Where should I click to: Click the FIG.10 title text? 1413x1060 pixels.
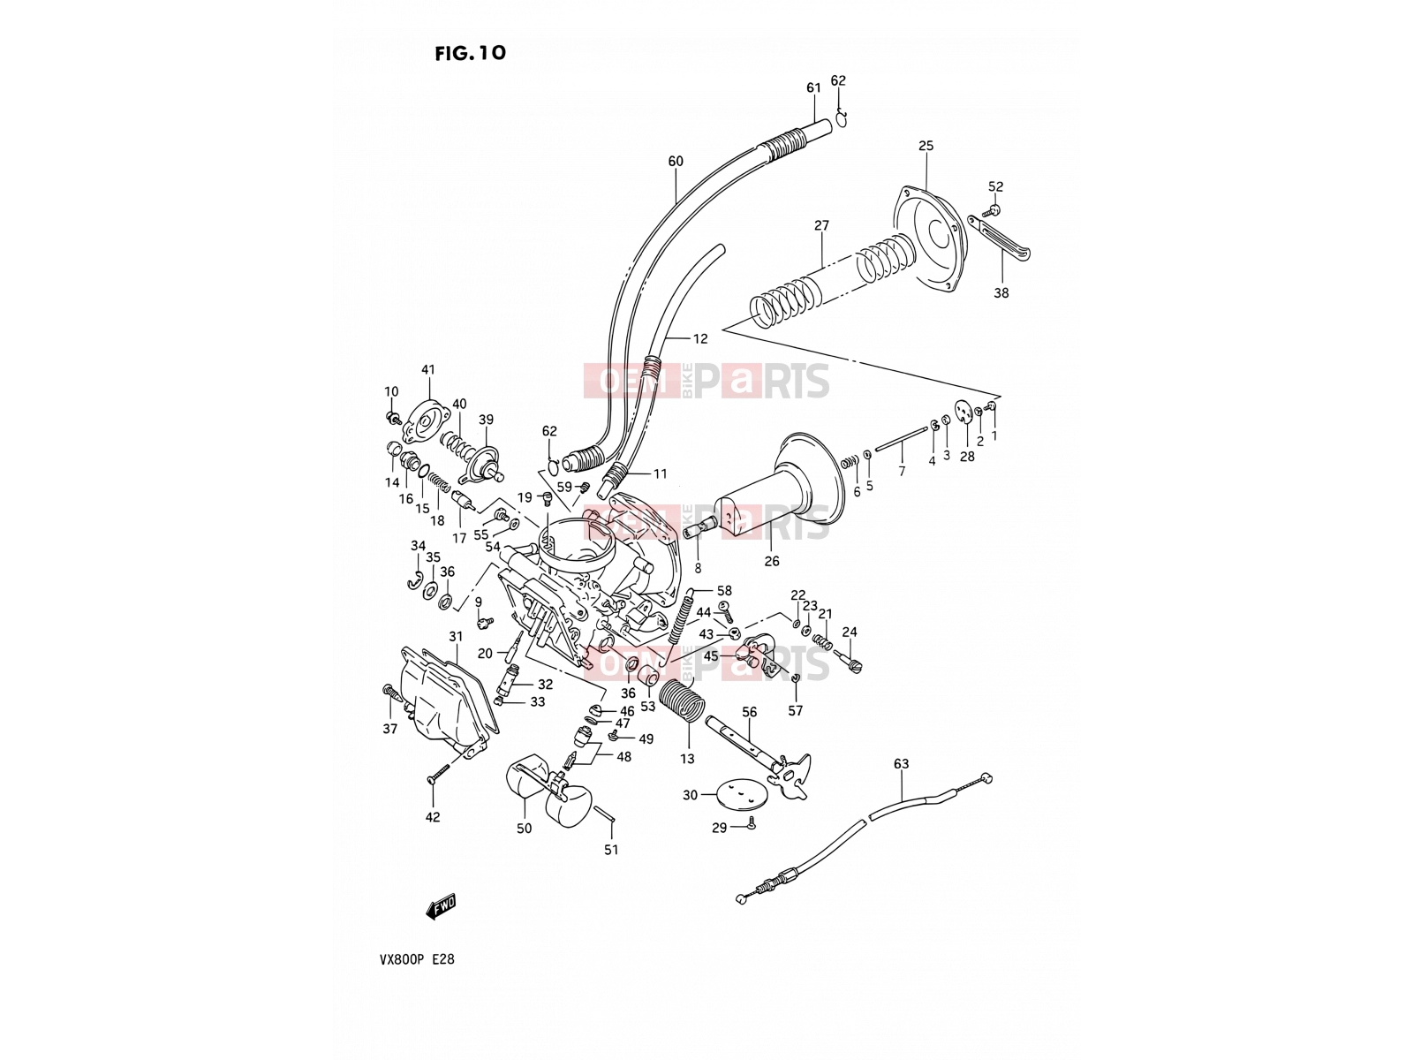470,53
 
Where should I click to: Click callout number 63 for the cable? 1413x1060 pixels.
901,764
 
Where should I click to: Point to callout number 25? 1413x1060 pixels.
926,146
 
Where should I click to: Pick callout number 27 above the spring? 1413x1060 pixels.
821,225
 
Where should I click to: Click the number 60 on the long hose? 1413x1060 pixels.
676,161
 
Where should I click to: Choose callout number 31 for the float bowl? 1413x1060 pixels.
456,637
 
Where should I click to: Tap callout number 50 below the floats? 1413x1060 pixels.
524,829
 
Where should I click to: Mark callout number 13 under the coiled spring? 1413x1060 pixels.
687,759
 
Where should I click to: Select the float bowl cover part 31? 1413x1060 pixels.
449,700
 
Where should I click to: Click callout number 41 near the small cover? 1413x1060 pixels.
428,370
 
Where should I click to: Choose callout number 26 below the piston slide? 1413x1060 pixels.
771,561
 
